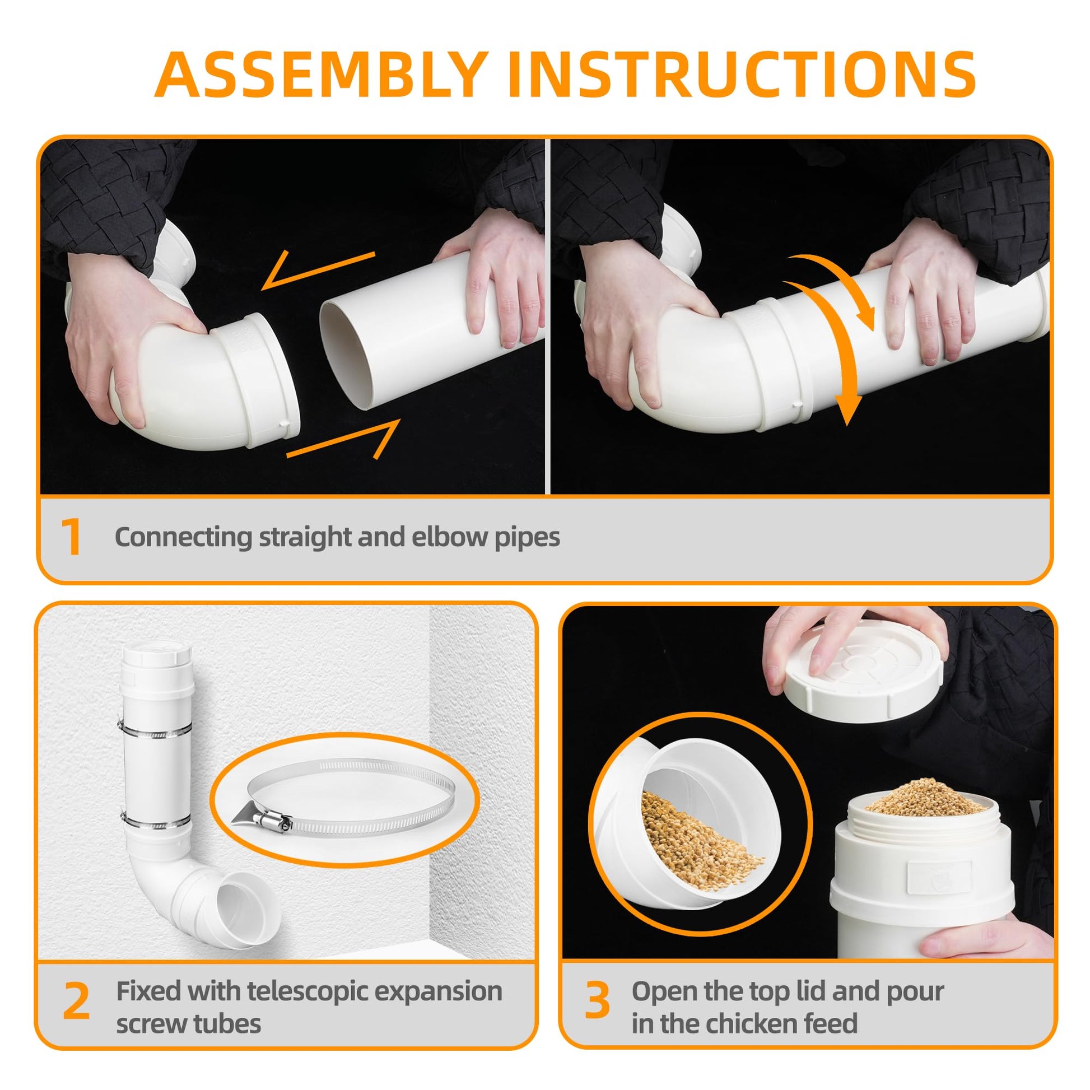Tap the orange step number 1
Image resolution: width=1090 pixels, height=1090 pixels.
pyautogui.click(x=72, y=538)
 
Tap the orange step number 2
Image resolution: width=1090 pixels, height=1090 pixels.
pyautogui.click(x=76, y=1002)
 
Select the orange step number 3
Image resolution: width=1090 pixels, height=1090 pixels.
pyautogui.click(x=597, y=1001)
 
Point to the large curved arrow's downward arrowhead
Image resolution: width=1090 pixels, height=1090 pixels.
pyautogui.click(x=847, y=410)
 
